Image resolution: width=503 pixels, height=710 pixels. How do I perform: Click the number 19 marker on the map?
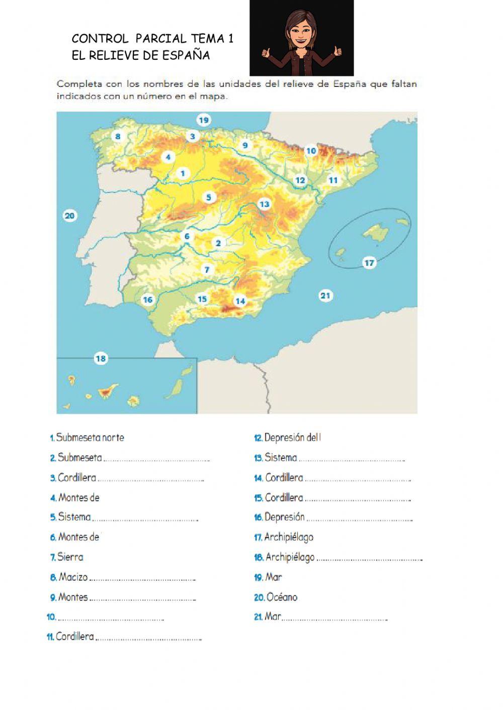pos(203,120)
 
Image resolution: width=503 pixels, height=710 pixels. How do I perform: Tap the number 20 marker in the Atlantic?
pos(69,216)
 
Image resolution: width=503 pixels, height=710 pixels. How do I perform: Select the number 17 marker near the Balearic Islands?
pos(370,263)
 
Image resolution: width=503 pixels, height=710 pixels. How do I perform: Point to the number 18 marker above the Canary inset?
pos(101,358)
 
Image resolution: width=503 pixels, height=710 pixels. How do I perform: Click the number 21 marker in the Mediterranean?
pos(325,295)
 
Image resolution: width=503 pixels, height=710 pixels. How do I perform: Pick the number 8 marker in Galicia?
pos(118,136)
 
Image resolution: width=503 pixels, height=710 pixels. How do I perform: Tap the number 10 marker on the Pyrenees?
pos(311,151)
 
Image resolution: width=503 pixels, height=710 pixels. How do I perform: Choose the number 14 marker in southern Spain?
pos(240,301)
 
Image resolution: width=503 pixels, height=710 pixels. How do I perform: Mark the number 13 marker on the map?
pos(265,204)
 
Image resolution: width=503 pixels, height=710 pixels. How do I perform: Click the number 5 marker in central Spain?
pos(209,197)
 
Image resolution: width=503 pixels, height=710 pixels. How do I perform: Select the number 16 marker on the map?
pos(147,300)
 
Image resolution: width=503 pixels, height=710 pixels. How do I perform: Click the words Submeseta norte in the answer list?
pos(90,438)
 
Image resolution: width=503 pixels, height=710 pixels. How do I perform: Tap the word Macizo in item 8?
pos(73,577)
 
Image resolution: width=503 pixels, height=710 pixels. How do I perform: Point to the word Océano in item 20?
pos(282,597)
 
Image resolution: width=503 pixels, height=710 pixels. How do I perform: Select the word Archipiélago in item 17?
pos(289,537)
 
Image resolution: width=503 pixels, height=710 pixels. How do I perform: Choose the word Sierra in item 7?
pos(70,557)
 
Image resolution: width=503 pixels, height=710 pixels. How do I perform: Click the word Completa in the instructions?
pos(78,84)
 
